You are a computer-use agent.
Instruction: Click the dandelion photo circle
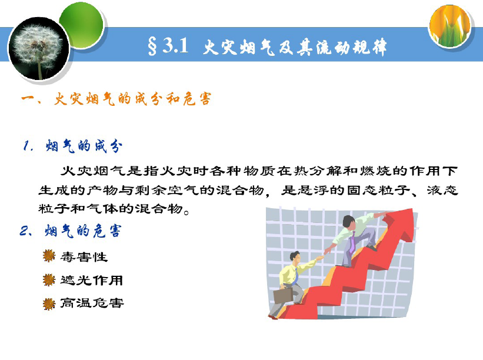(39, 48)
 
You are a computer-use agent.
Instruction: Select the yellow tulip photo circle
(450, 25)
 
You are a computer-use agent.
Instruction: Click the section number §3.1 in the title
(168, 47)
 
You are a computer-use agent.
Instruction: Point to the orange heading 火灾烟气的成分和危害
(133, 99)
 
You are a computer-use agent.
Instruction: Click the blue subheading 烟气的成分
(84, 146)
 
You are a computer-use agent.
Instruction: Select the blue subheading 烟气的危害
(83, 231)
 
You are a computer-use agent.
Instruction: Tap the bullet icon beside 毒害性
(49, 256)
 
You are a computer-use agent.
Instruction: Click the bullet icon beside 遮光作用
(49, 279)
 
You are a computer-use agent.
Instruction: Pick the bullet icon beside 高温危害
(49, 304)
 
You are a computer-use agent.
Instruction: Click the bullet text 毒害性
(84, 257)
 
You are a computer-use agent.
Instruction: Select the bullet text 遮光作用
(92, 280)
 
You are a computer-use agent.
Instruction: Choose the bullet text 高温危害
(92, 304)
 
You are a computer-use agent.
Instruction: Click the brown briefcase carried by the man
(283, 296)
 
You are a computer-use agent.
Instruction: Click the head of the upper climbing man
(349, 222)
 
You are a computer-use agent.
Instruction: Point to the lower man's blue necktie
(295, 276)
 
